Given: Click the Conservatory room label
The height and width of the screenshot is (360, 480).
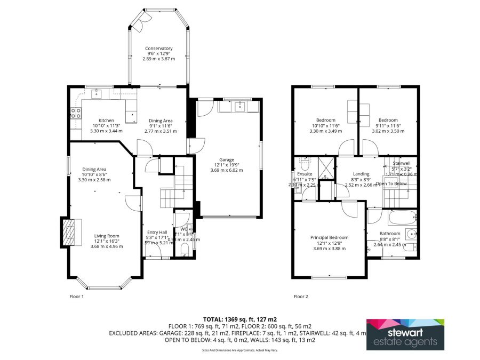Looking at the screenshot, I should click(x=159, y=49).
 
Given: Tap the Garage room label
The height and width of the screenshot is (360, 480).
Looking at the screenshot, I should click(x=227, y=159).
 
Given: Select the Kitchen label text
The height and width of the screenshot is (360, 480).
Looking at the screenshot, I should click(x=106, y=120).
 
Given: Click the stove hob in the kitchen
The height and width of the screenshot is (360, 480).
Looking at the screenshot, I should click(x=76, y=113).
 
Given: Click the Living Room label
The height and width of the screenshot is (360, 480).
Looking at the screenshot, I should click(x=107, y=236).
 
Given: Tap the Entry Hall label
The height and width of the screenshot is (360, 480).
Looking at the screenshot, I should click(x=157, y=233).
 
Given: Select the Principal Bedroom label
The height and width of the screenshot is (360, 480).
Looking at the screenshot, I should click(x=330, y=238).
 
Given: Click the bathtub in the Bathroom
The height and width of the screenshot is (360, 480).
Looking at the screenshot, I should click(x=402, y=218).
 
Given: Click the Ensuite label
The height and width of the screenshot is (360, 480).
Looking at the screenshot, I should click(x=305, y=174).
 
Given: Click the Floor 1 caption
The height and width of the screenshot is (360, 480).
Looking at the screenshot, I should click(x=77, y=296).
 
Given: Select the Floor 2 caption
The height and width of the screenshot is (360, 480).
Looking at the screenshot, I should click(x=301, y=296).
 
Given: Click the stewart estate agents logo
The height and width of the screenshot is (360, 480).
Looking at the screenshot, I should click(x=405, y=334).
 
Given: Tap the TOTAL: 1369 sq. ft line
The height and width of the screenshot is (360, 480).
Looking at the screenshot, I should click(x=239, y=319).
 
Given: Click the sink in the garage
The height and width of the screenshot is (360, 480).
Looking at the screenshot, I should click(x=239, y=106).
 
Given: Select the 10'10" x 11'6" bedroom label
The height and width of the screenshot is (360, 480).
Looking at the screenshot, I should click(x=326, y=120).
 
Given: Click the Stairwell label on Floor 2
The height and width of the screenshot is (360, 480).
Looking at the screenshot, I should click(x=401, y=163).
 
